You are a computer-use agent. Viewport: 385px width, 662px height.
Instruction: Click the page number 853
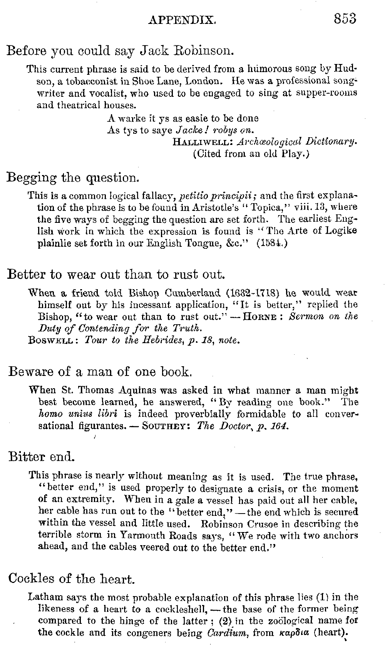click(345, 18)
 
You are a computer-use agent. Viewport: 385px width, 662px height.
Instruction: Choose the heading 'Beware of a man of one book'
click(100, 372)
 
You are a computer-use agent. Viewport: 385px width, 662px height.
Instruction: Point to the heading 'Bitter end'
click(41, 457)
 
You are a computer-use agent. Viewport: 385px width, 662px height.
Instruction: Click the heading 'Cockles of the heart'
click(72, 578)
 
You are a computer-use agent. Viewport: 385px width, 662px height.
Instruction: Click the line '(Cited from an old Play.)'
click(251, 154)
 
